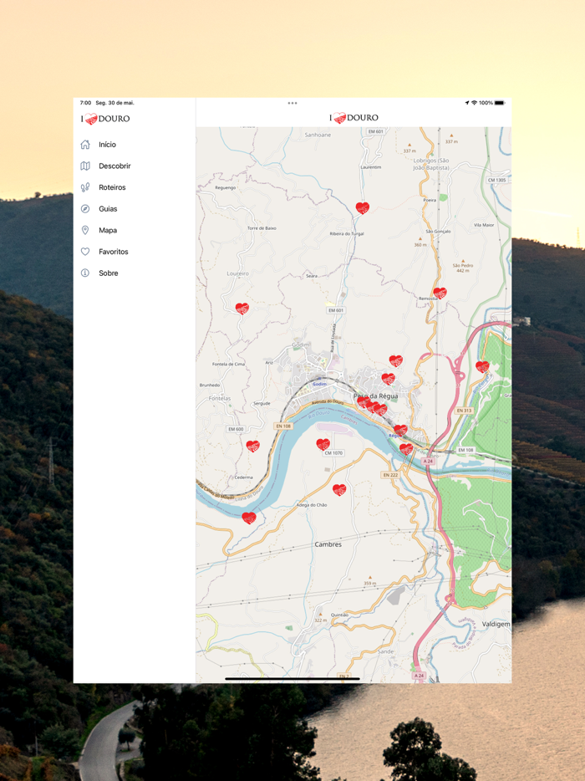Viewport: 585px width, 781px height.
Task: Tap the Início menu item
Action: click(x=107, y=145)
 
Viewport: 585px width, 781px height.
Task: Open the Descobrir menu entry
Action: click(x=114, y=166)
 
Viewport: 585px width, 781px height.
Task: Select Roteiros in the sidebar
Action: click(x=112, y=187)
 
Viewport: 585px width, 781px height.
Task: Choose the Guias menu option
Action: click(x=108, y=209)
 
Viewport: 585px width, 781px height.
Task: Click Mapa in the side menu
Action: click(x=107, y=230)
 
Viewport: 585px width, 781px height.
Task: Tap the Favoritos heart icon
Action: click(x=85, y=252)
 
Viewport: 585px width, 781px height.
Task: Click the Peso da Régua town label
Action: click(x=375, y=396)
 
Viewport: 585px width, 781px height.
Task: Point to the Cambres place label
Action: click(x=328, y=544)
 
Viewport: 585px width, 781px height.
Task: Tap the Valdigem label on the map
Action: click(x=496, y=624)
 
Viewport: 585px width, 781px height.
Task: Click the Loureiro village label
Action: click(x=238, y=273)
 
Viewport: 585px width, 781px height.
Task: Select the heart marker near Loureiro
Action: click(x=242, y=309)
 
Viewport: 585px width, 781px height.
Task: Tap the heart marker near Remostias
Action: click(x=440, y=293)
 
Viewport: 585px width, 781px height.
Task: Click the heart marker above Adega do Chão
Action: click(x=339, y=489)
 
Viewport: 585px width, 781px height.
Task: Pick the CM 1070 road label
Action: click(x=333, y=453)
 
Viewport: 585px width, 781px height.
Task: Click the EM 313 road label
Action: click(x=465, y=411)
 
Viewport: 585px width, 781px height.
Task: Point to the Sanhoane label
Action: click(x=318, y=135)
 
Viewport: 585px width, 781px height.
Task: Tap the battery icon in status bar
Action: click(x=499, y=103)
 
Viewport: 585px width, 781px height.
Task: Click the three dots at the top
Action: click(x=292, y=103)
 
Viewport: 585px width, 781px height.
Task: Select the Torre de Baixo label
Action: click(x=262, y=227)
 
